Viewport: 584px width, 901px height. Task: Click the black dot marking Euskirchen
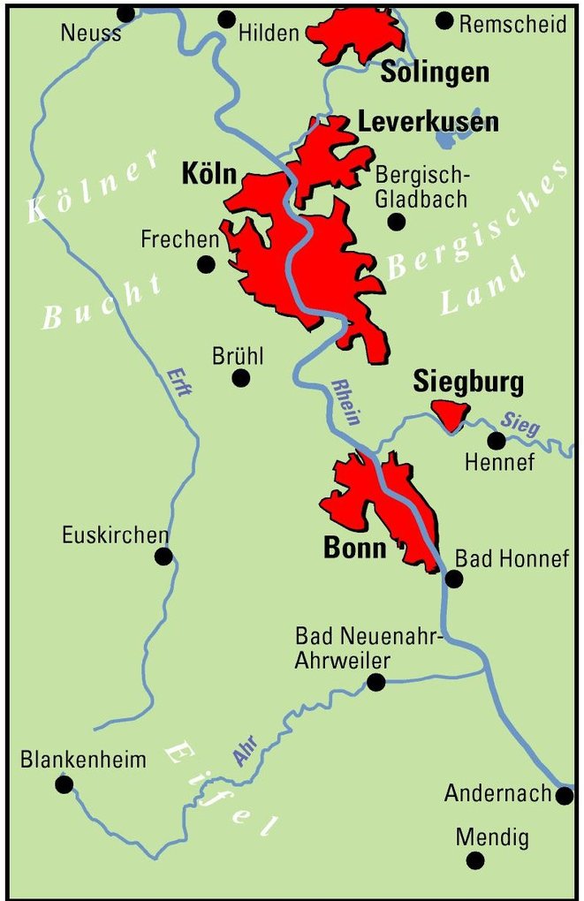coord(163,556)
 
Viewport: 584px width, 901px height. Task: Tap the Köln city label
coord(209,174)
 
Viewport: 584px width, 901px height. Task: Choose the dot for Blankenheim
coord(64,784)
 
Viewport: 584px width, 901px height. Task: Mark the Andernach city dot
coord(565,796)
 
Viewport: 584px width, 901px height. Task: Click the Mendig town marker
coord(475,860)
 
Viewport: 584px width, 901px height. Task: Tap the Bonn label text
coord(355,549)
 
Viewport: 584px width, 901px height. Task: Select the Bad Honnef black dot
coord(454,579)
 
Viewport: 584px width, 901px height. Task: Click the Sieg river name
coord(519,424)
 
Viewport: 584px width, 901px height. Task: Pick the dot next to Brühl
coord(240,378)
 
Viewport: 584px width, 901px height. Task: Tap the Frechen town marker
coord(206,263)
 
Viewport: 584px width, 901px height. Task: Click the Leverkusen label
coord(428,122)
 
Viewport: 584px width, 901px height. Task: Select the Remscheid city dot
coord(444,20)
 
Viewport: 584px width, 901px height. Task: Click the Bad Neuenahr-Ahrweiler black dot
coord(376,681)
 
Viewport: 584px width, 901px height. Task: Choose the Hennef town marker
coord(497,440)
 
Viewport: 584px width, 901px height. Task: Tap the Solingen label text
coord(435,72)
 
